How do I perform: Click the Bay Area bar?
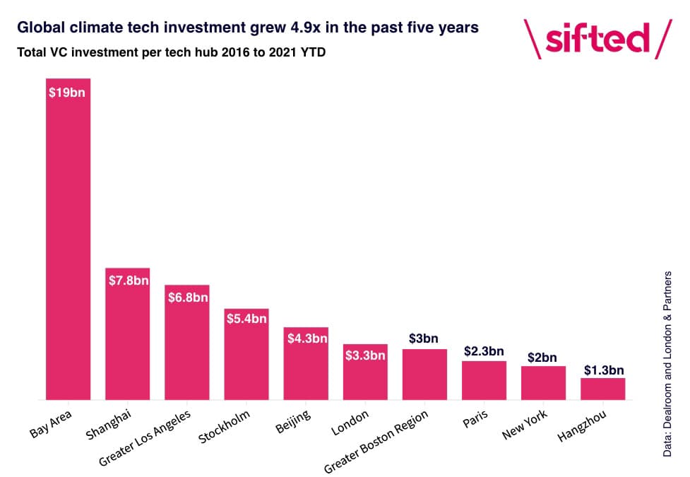click(69, 239)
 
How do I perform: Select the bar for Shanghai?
click(128, 334)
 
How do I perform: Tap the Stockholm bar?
click(246, 354)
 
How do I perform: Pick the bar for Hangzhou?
click(603, 389)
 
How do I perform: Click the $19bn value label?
click(67, 93)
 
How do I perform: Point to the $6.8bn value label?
click(188, 298)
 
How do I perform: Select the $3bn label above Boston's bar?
click(423, 338)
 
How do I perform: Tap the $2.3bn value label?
click(484, 351)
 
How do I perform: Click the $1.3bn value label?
click(604, 370)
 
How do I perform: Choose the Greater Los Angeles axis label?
click(145, 438)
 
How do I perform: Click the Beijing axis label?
click(293, 421)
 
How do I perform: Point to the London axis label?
click(350, 423)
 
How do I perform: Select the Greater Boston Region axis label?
click(376, 442)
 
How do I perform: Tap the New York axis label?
click(525, 424)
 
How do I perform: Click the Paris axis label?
click(475, 418)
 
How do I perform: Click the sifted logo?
click(597, 39)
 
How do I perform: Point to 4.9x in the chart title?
click(305, 28)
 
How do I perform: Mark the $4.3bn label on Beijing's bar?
click(307, 338)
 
